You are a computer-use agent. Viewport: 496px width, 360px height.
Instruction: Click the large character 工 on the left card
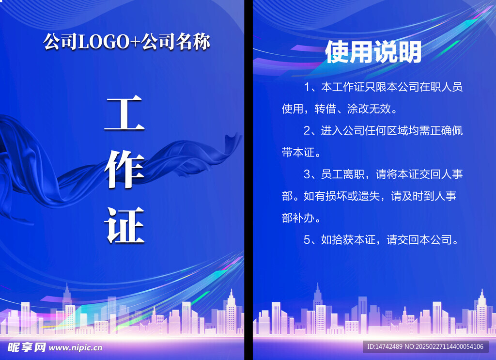(x=124, y=113)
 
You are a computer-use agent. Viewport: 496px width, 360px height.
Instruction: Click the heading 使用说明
(x=373, y=52)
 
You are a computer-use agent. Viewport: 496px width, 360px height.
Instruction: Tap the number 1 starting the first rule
(x=307, y=88)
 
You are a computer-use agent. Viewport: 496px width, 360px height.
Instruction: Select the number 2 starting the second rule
(x=307, y=131)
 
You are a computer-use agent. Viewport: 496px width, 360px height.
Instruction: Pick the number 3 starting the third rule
(x=307, y=174)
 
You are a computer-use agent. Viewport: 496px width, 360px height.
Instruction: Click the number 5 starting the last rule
(x=307, y=239)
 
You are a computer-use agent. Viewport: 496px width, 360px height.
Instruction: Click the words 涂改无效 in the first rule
(x=369, y=110)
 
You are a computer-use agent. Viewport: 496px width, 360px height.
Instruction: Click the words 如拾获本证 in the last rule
(x=348, y=239)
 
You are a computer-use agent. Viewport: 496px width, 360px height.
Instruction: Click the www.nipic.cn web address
(x=75, y=347)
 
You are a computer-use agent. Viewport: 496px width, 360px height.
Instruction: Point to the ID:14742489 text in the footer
(x=385, y=346)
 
